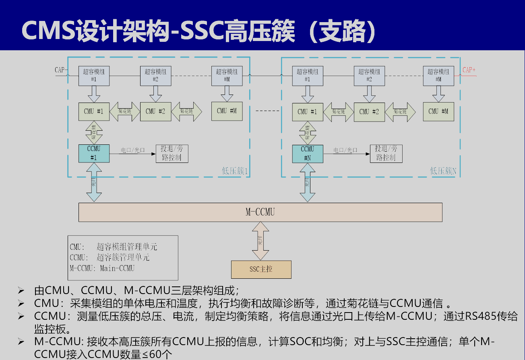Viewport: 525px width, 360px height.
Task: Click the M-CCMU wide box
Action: pos(260,212)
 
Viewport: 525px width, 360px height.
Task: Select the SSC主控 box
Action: pos(261,269)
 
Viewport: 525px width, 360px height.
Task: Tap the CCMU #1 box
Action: pos(94,153)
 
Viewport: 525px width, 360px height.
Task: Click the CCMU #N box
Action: pos(307,153)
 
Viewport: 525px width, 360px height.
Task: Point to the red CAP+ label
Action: pos(469,70)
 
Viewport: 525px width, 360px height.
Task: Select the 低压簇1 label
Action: pos(235,171)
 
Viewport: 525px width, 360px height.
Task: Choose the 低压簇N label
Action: pos(443,171)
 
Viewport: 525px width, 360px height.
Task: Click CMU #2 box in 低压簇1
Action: pos(155,111)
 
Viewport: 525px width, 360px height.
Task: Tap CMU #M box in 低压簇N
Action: pos(438,111)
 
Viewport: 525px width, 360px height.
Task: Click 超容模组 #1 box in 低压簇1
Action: pos(94,76)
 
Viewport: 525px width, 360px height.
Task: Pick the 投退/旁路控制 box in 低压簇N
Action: pos(386,153)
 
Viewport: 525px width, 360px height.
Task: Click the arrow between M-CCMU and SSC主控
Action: pos(260,241)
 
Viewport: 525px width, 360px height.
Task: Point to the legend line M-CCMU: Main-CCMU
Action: pos(102,268)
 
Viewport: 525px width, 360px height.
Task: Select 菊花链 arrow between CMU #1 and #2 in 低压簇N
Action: pos(338,112)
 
